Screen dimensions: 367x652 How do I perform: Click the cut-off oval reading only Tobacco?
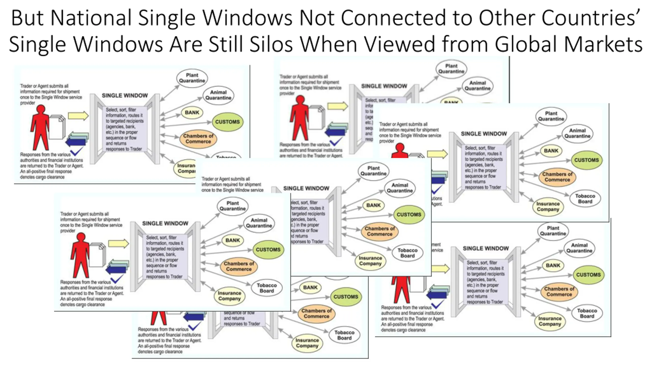226,156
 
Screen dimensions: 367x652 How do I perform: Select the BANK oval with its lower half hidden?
451,101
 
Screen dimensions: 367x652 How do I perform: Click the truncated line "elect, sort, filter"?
304,203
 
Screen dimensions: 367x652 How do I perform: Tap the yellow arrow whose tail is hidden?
441,269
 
